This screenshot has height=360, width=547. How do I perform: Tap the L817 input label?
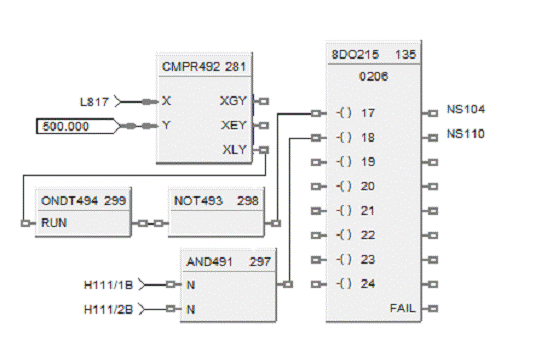tap(94, 102)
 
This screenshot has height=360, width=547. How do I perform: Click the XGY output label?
tap(233, 101)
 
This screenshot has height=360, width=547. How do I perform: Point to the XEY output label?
tap(233, 125)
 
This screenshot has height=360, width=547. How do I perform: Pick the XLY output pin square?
tap(264, 150)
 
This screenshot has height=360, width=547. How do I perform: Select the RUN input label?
tap(54, 223)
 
